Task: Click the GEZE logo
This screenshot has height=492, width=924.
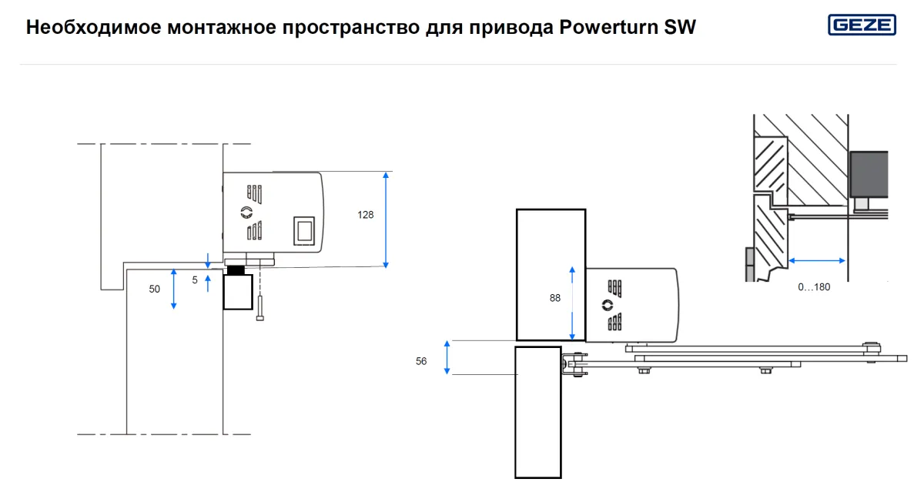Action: pyautogui.click(x=862, y=25)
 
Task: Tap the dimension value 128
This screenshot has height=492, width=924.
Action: pyautogui.click(x=366, y=215)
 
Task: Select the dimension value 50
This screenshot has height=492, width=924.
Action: pyautogui.click(x=154, y=289)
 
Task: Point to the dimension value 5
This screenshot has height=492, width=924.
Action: pyautogui.click(x=195, y=280)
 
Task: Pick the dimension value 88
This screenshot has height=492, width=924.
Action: pyautogui.click(x=555, y=298)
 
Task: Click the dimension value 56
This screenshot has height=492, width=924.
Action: pyautogui.click(x=420, y=361)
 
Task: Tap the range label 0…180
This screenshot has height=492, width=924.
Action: pyautogui.click(x=814, y=287)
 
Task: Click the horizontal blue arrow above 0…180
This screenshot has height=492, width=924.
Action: pyautogui.click(x=817, y=261)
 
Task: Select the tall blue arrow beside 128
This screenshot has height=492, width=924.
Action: pyautogui.click(x=386, y=220)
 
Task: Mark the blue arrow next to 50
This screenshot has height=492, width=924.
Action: pyautogui.click(x=174, y=289)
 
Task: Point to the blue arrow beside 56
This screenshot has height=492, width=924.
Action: pyautogui.click(x=447, y=357)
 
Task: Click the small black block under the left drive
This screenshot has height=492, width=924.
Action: pyautogui.click(x=236, y=270)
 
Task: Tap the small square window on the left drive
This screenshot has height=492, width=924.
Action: pyautogui.click(x=304, y=231)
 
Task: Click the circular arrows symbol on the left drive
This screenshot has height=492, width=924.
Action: pyautogui.click(x=246, y=213)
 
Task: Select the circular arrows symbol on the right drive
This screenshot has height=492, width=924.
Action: pyautogui.click(x=608, y=305)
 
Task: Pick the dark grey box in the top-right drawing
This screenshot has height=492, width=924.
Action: pyautogui.click(x=869, y=175)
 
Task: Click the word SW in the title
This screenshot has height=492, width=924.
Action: pyautogui.click(x=680, y=27)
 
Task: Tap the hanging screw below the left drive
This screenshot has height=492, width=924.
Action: pyautogui.click(x=260, y=308)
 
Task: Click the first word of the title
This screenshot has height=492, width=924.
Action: pyautogui.click(x=94, y=28)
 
